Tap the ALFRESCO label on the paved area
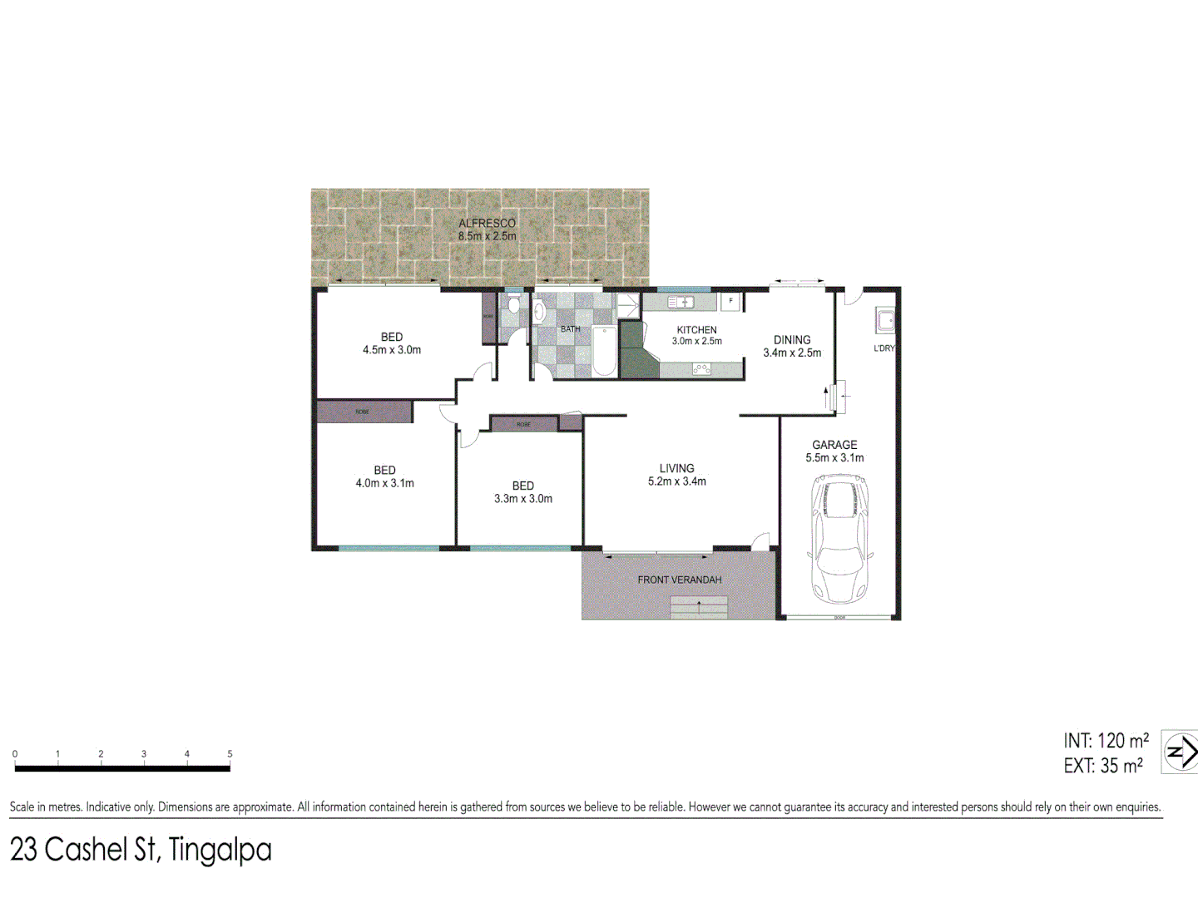pyautogui.click(x=487, y=223)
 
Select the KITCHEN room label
pyautogui.click(x=696, y=330)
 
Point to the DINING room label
pyautogui.click(x=792, y=340)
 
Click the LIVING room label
pyautogui.click(x=676, y=469)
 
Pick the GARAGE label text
pyautogui.click(x=834, y=445)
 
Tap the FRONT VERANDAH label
pyautogui.click(x=679, y=580)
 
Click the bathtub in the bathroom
pyautogui.click(x=603, y=351)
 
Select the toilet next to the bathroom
pyautogui.click(x=513, y=305)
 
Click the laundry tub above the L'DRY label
pyautogui.click(x=885, y=320)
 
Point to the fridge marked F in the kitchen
pyautogui.click(x=731, y=301)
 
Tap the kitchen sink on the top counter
pyautogui.click(x=681, y=302)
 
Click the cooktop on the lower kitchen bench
pyautogui.click(x=701, y=368)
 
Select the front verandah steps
pyautogui.click(x=699, y=608)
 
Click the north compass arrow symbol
pyautogui.click(x=1179, y=752)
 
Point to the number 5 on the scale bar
pyautogui.click(x=230, y=754)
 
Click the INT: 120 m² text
pyautogui.click(x=1106, y=740)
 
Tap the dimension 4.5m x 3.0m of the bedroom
pyautogui.click(x=392, y=350)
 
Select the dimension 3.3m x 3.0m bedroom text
pyautogui.click(x=523, y=499)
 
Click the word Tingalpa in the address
pyautogui.click(x=220, y=850)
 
